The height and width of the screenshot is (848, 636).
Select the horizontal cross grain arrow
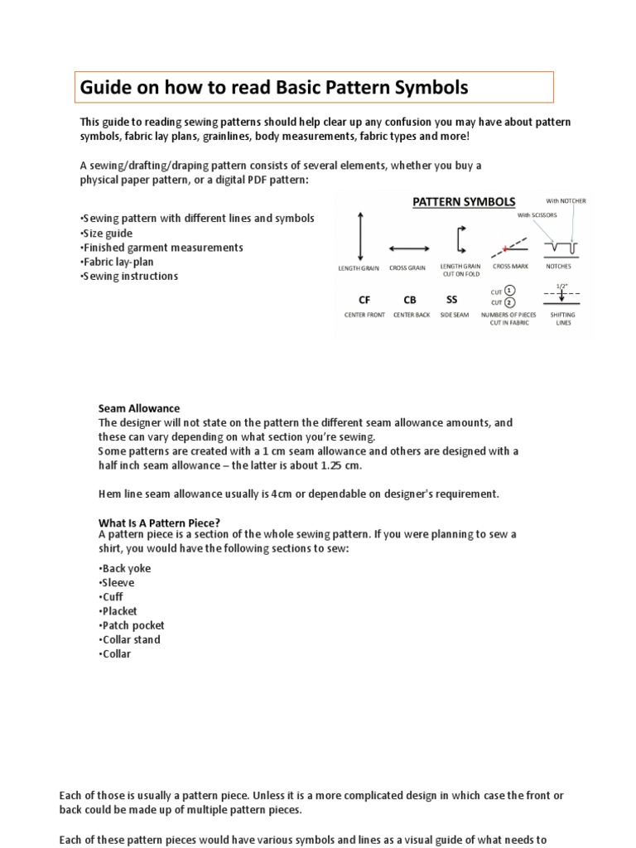407,247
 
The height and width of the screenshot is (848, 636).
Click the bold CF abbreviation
364,300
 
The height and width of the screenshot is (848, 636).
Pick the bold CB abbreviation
410,300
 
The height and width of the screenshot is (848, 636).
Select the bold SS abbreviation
451,300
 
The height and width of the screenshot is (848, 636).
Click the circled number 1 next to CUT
510,291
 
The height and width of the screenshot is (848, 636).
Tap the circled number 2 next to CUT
510,303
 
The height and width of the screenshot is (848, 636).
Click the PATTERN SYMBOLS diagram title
464,202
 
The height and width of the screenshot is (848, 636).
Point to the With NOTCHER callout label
566,201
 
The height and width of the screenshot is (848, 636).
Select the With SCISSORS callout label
537,215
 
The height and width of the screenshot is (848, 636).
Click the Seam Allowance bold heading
138,408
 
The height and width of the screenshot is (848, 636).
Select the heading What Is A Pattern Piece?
159,522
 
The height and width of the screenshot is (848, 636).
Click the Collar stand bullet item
129,639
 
